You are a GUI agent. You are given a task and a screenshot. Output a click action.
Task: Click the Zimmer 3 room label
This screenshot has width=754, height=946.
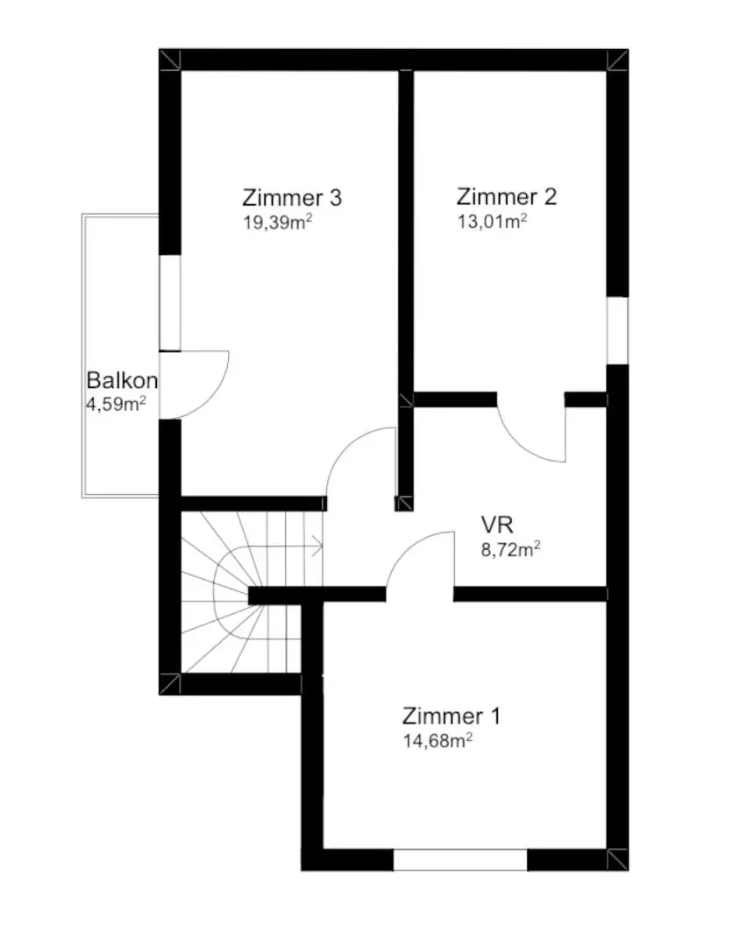coord(292,198)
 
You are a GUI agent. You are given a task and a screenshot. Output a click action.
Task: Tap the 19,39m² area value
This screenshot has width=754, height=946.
coord(278,222)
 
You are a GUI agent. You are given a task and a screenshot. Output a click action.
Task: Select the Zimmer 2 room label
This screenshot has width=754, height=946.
coord(507,197)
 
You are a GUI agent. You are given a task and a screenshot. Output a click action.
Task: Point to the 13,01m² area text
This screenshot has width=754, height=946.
coord(492,222)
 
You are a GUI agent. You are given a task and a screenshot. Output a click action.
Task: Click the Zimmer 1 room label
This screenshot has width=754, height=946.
coord(452,717)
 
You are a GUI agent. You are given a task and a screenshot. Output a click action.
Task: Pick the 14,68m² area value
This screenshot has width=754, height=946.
coord(437,741)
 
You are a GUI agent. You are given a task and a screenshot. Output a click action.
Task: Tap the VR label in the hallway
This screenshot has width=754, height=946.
coord(497,525)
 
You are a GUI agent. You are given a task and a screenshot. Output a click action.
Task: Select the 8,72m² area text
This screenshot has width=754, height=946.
coord(510,549)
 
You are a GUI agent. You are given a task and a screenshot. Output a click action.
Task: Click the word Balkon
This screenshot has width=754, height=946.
coord(122,380)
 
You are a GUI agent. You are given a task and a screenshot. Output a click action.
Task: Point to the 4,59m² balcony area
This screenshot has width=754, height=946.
coord(116,404)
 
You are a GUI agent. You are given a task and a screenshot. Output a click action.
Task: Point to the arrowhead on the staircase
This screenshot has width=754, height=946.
coord(317,547)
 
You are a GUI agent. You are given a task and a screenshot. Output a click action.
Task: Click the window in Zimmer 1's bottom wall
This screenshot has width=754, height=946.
coord(460,860)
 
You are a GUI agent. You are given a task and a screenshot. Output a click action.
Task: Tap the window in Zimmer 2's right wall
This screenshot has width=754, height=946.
coord(617,330)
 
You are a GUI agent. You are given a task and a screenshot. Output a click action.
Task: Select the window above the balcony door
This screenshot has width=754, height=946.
coord(169,302)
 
